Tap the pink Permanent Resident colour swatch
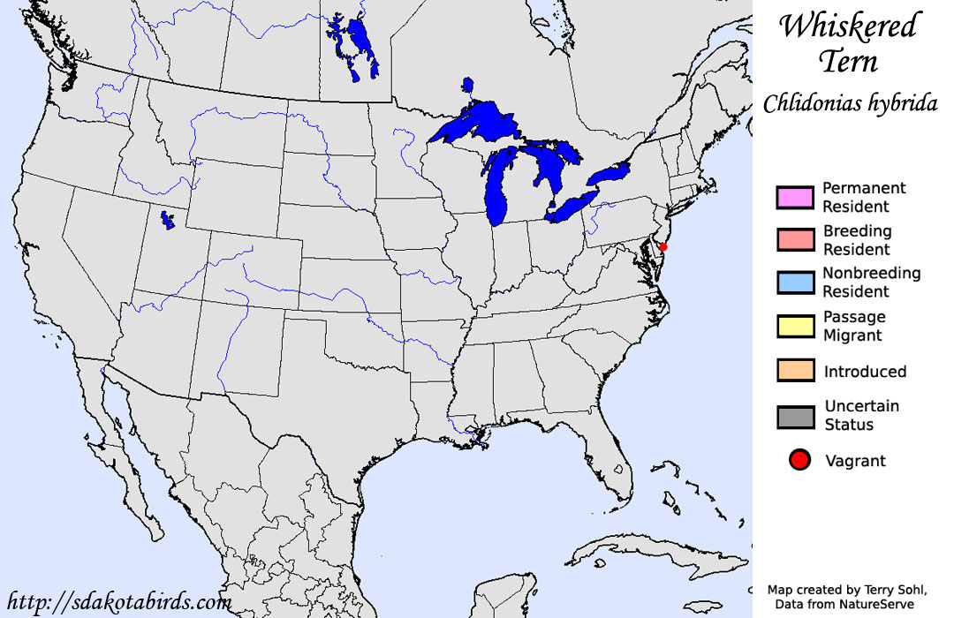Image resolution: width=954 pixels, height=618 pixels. (x=795, y=197)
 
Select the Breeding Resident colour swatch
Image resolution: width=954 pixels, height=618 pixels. (x=795, y=240)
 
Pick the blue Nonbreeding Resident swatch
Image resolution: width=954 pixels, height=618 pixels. (x=795, y=283)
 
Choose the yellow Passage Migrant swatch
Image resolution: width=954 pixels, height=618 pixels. (x=795, y=326)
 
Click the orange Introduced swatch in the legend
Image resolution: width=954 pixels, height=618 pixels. (x=795, y=371)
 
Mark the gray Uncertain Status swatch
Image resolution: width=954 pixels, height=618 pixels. (x=795, y=416)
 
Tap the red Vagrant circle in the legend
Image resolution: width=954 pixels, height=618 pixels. (x=800, y=460)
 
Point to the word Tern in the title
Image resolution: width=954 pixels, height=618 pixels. (x=848, y=62)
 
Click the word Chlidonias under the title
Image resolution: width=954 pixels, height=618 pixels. (x=808, y=103)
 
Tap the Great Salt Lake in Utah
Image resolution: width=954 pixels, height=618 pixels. (x=166, y=218)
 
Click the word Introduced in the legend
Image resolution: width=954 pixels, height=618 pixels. (x=865, y=372)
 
